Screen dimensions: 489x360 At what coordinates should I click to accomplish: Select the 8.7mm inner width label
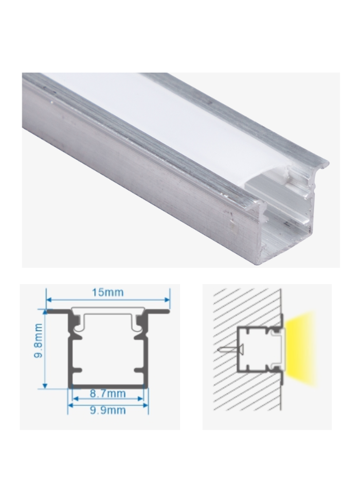[x=108, y=394]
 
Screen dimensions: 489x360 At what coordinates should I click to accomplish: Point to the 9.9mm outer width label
[x=108, y=410]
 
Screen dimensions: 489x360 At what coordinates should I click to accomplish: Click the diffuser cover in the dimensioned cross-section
[x=108, y=315]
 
